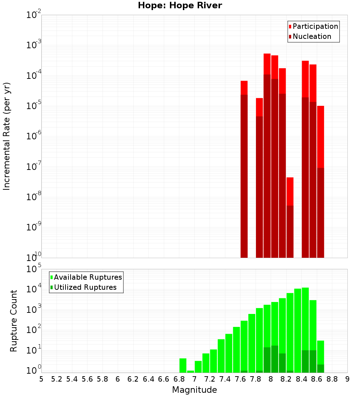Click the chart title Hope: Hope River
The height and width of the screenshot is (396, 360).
click(x=180, y=5)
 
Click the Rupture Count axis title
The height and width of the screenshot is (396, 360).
click(x=14, y=320)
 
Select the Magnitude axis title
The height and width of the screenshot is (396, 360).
click(x=194, y=390)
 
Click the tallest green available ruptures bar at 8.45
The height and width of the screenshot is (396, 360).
click(x=305, y=324)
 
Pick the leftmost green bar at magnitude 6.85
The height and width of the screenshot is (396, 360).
click(x=183, y=365)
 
